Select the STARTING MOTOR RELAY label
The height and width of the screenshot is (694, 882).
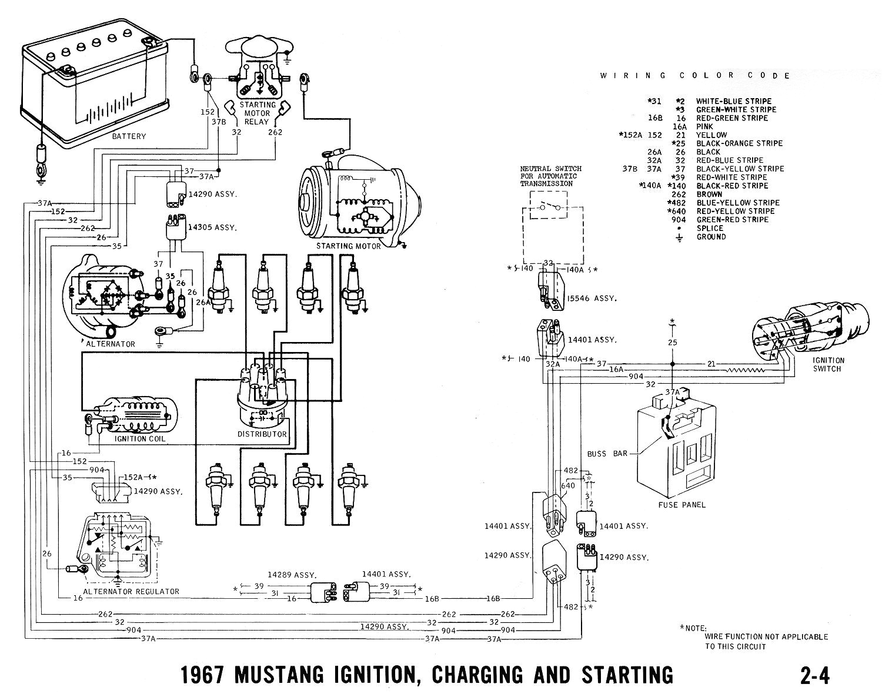(257, 113)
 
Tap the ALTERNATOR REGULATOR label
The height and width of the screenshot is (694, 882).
(131, 591)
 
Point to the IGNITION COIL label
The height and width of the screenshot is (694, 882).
(140, 438)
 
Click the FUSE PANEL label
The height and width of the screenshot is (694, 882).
(683, 504)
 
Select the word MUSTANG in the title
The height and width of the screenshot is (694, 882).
(282, 675)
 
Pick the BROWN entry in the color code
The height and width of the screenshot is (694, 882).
(709, 194)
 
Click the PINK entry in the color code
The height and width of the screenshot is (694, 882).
(704, 126)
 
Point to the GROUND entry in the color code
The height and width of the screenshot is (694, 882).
(711, 237)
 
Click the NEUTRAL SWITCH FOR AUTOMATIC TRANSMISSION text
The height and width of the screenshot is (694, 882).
(548, 176)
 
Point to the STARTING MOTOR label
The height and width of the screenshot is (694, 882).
(348, 246)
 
